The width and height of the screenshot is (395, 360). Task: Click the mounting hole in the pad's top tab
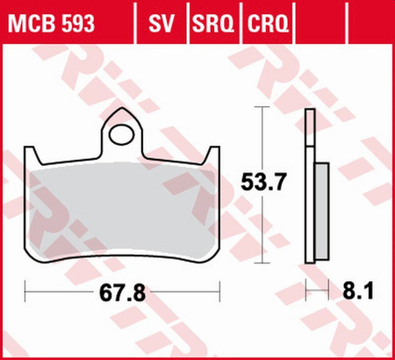tap(123, 134)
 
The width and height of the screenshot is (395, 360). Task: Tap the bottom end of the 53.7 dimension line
tap(261, 260)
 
